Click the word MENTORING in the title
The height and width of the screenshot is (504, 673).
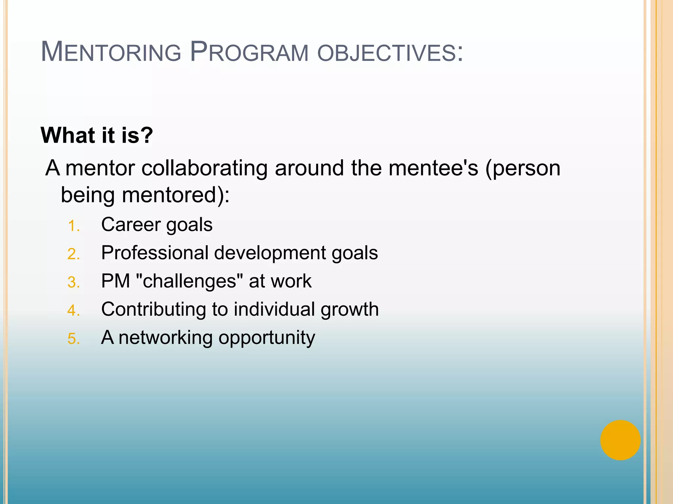[x=111, y=52]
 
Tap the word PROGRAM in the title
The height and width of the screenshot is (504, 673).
[x=249, y=52]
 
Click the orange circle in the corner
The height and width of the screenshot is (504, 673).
[x=620, y=440]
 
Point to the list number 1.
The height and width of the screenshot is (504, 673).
[x=73, y=226]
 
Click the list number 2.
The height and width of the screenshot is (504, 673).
[x=73, y=254]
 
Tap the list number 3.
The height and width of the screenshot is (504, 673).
[x=73, y=283]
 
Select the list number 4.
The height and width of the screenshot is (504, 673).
[x=73, y=311]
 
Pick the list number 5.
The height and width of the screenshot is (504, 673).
[x=73, y=339]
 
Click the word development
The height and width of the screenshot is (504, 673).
[x=270, y=253]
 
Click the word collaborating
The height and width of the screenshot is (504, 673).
[x=204, y=168]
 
